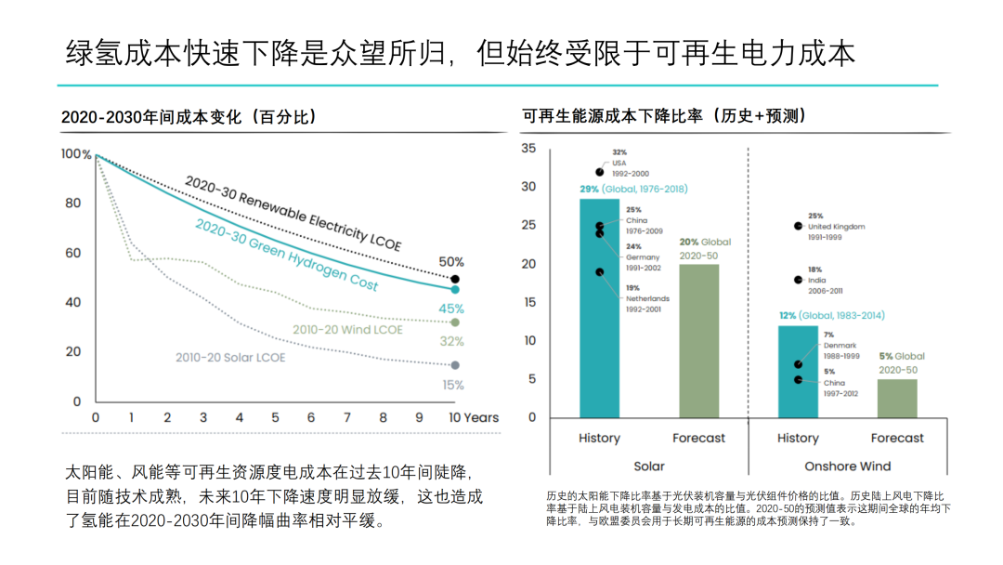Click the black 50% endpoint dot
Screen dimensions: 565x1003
pos(455,279)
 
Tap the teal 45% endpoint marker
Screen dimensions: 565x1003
pos(455,290)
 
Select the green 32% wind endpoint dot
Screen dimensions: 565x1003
pos(455,322)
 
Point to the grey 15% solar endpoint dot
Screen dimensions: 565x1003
pos(455,365)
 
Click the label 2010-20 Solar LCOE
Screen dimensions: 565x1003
pos(230,357)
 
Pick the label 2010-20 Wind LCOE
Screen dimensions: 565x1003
pos(347,329)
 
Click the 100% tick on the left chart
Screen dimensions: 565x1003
pos(76,154)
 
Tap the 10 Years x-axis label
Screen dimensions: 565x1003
pos(474,417)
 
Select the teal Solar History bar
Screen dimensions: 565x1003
pos(599,308)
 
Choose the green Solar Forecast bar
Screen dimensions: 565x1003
pos(699,341)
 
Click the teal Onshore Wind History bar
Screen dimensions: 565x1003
pos(798,372)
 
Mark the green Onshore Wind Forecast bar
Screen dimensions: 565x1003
pos(897,398)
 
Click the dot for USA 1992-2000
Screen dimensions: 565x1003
pos(600,172)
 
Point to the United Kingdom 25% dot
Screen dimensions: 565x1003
pos(798,226)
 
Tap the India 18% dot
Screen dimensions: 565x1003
pos(798,280)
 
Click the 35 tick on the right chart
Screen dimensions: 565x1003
pos(528,149)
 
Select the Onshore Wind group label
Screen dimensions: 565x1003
pos(847,466)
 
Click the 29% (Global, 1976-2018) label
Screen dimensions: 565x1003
pos(633,189)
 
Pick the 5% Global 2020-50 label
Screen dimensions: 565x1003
pos(902,361)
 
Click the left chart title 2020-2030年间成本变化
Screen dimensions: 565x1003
pos(189,117)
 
